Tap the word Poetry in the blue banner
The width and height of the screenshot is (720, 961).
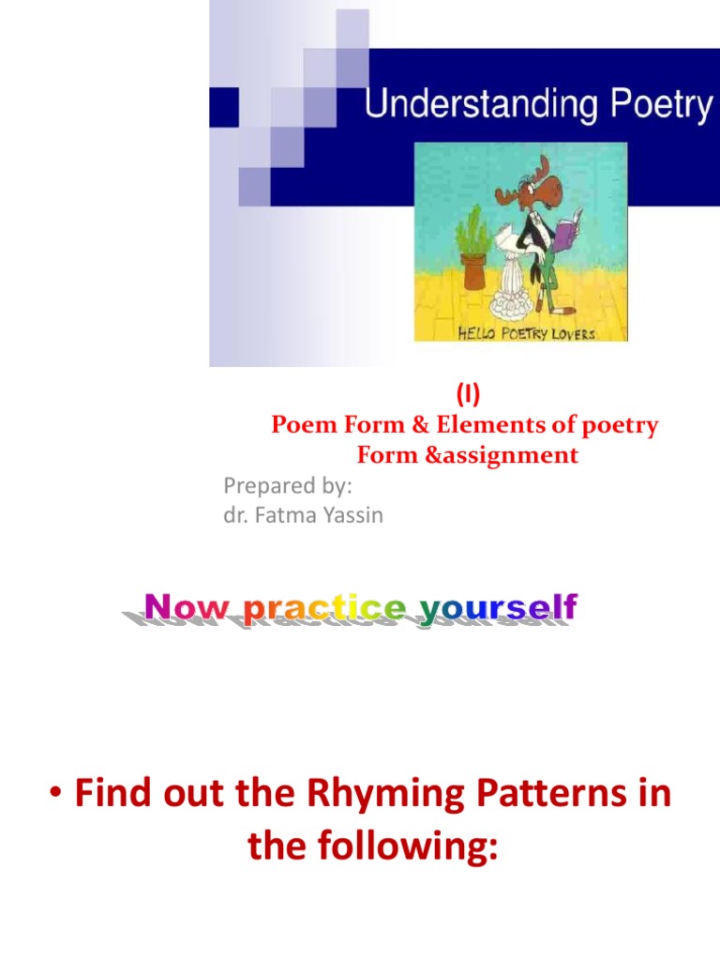click(657, 104)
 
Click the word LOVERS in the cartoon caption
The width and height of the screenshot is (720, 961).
click(573, 333)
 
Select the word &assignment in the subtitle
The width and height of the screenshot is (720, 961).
click(517, 455)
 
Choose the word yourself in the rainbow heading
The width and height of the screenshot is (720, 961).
click(497, 610)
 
